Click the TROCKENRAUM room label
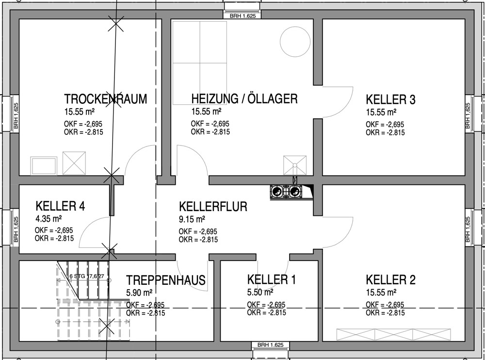[105, 99]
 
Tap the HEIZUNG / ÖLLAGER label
[244, 99]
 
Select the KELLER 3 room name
[390, 99]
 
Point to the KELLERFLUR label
[213, 207]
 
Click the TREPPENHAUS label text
[166, 280]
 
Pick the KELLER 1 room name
[271, 279]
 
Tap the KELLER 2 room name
[390, 280]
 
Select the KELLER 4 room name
[60, 206]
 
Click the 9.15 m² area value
[192, 219]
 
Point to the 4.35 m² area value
[48, 219]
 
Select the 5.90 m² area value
[139, 293]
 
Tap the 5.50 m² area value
[260, 292]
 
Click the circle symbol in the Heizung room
[295, 26]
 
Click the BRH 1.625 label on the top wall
[243, 16]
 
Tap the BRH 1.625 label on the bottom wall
[270, 345]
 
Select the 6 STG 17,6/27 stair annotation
[87, 276]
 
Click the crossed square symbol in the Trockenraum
[74, 163]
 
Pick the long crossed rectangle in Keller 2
[393, 335]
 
